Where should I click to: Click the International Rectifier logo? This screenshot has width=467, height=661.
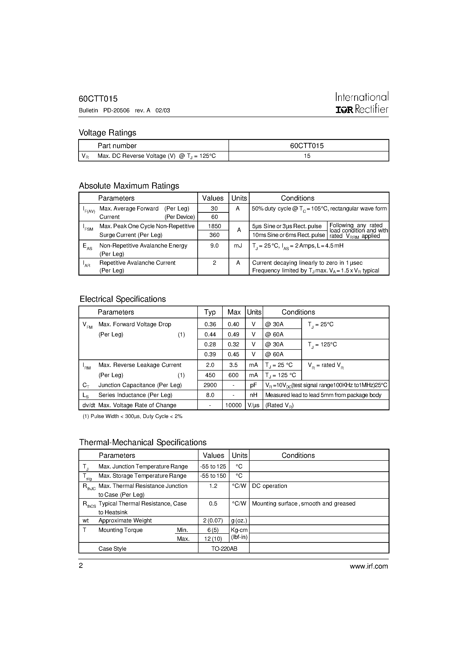pos(362,103)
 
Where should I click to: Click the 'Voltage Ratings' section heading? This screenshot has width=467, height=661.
pos(107,133)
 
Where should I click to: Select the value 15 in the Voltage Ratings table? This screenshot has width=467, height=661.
pos(307,156)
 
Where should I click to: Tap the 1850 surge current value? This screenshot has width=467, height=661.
pos(214,226)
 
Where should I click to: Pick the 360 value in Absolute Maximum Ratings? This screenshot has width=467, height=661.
pos(214,235)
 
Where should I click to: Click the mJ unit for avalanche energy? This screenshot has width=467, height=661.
pos(238,246)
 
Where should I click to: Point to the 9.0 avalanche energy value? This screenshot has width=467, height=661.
pos(214,246)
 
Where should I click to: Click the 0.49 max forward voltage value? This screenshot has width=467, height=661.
pos(233,335)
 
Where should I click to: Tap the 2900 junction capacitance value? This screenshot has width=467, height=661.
pos(210,385)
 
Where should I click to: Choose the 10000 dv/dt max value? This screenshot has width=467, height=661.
pos(233,405)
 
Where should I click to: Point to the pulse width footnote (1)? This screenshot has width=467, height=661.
pos(132,416)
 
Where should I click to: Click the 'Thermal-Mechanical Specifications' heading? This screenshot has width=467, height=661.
pos(143,442)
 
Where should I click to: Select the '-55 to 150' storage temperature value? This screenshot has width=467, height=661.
pos(213,476)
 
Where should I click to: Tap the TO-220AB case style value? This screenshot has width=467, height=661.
pos(224,549)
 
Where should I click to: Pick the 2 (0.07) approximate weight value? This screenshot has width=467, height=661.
pos(213,521)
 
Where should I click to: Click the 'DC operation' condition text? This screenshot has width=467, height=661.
pos(269,486)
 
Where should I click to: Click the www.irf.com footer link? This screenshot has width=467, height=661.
pos(369,566)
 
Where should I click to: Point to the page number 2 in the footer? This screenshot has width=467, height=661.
pos(81,566)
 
